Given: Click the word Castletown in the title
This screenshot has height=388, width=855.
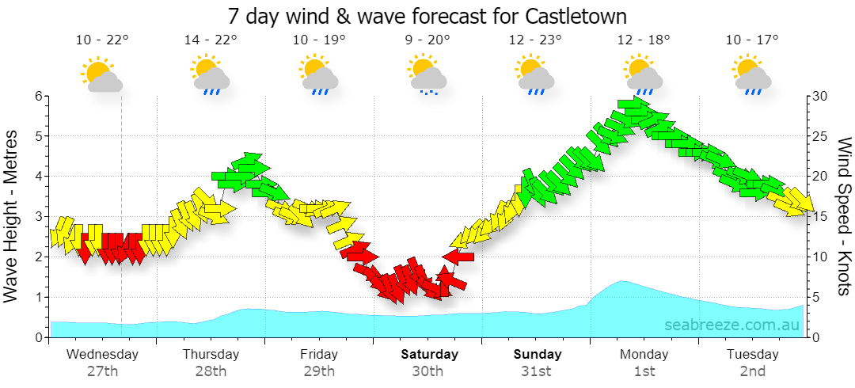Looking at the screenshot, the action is (x=576, y=16).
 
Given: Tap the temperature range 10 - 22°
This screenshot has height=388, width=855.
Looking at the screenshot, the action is (x=102, y=40).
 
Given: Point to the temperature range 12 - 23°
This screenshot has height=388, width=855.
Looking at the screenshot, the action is (x=535, y=40).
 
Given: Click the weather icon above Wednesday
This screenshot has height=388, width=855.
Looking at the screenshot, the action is (x=101, y=74).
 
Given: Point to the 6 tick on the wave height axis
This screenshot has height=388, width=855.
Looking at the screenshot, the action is (x=39, y=96).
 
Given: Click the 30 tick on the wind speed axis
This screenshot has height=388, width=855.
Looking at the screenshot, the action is (x=820, y=96).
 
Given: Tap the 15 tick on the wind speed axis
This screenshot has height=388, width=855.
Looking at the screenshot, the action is (x=819, y=217).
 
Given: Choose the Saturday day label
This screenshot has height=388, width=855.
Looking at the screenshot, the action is (x=430, y=355).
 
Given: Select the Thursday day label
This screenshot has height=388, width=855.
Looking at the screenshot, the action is (x=211, y=355).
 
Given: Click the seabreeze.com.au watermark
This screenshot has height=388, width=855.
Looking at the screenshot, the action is (x=731, y=325).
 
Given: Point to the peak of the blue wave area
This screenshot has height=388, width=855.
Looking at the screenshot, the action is (x=622, y=281).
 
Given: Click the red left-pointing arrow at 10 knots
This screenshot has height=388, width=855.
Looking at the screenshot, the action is (x=458, y=256).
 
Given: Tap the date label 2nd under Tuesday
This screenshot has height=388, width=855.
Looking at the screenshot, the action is (x=753, y=372).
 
